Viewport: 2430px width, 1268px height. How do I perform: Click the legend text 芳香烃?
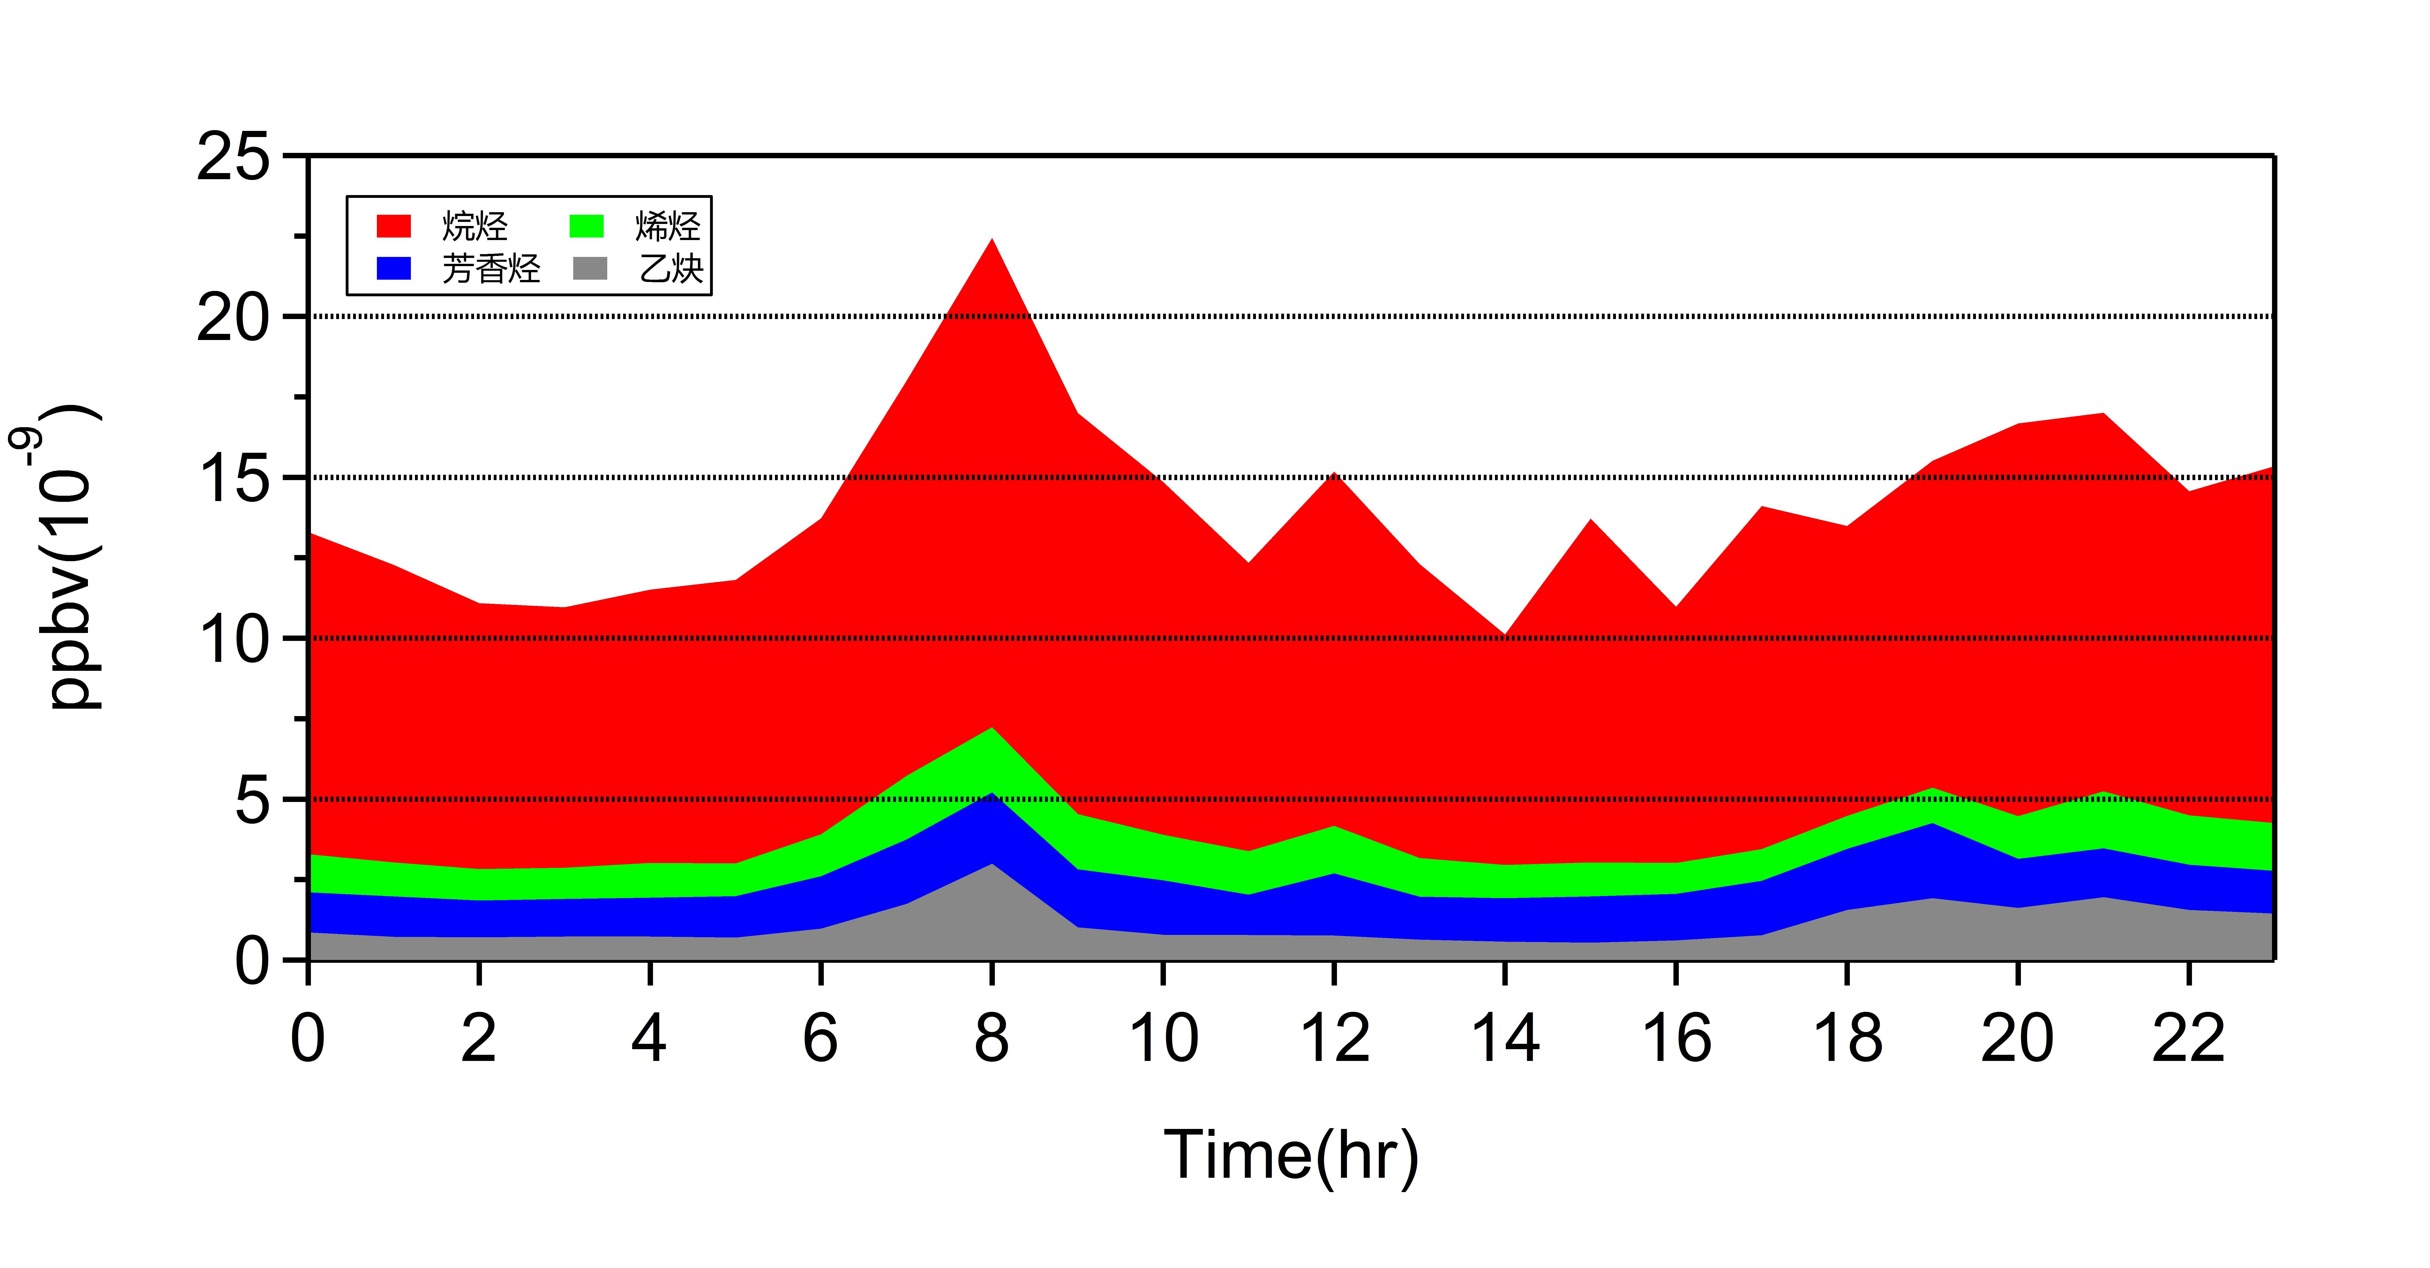click(491, 269)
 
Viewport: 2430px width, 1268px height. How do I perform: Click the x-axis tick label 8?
click(992, 1038)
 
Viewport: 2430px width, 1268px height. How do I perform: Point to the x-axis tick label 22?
click(2189, 1038)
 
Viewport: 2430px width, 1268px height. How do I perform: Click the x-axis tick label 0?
click(308, 1038)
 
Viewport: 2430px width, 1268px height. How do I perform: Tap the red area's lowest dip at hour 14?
click(1505, 636)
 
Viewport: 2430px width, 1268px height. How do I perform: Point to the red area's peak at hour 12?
click(1334, 474)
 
